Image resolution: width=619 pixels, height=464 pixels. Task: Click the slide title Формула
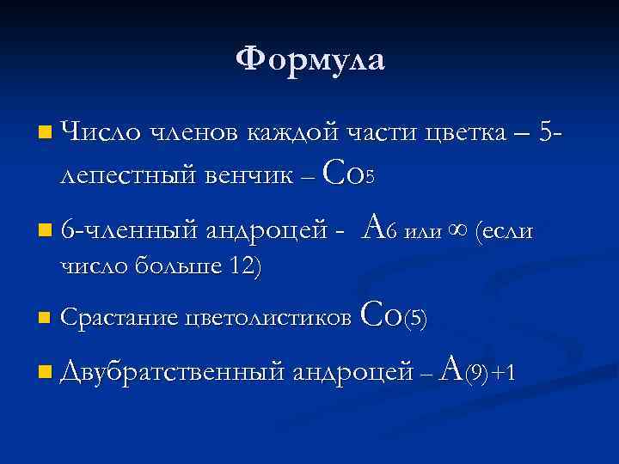310,59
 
